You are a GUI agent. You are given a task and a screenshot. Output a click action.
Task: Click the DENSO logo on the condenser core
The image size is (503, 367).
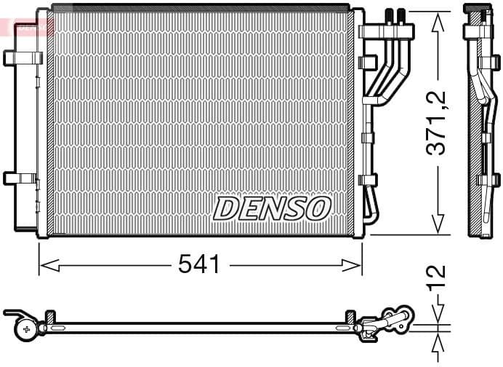pyautogui.click(x=272, y=208)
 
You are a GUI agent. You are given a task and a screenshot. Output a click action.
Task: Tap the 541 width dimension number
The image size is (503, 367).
pyautogui.click(x=199, y=265)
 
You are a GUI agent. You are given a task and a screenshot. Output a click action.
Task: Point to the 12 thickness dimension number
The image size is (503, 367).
pyautogui.click(x=438, y=280)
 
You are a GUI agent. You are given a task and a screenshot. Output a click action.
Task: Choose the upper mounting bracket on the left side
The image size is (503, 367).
pyautogui.click(x=20, y=58)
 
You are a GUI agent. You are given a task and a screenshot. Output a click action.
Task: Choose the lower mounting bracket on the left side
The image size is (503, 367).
pyautogui.click(x=20, y=178)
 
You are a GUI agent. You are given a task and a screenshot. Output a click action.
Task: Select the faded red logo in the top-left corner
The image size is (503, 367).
pyautogui.click(x=27, y=26)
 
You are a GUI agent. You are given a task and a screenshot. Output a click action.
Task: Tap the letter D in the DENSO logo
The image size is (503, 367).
pyautogui.click(x=225, y=209)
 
